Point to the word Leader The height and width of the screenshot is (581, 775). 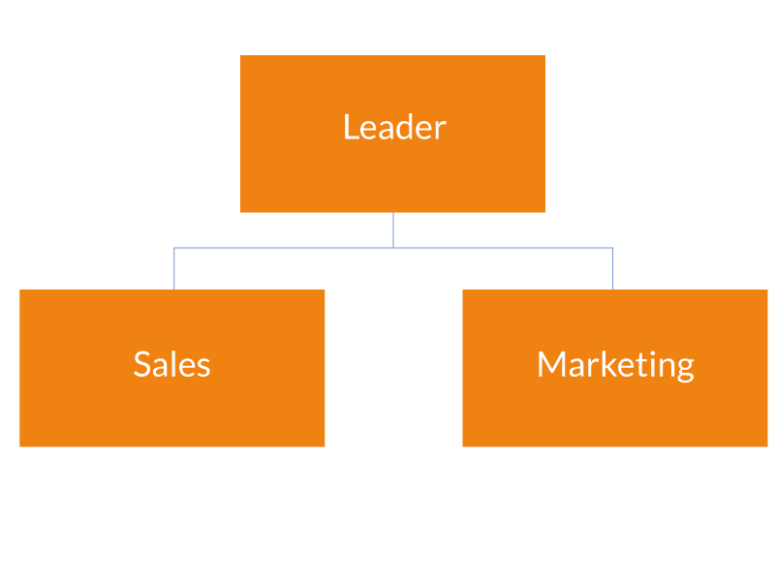pos(394,127)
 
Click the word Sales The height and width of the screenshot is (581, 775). pos(171,364)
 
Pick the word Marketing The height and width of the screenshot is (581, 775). pos(615,364)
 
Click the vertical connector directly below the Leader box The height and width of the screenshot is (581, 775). pos(393,230)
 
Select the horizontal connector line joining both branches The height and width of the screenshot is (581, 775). pos(291,248)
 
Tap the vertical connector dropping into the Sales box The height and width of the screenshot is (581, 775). pos(174,269)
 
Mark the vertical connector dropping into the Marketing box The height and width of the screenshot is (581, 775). pos(612,269)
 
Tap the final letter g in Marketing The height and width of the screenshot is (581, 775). pos(685,368)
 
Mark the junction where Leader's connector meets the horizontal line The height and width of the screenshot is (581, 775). pos(393,248)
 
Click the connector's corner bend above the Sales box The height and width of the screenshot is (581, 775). pos(174,248)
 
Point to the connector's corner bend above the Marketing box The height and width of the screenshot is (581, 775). pos(612,248)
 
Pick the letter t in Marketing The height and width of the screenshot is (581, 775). pos(640,365)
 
